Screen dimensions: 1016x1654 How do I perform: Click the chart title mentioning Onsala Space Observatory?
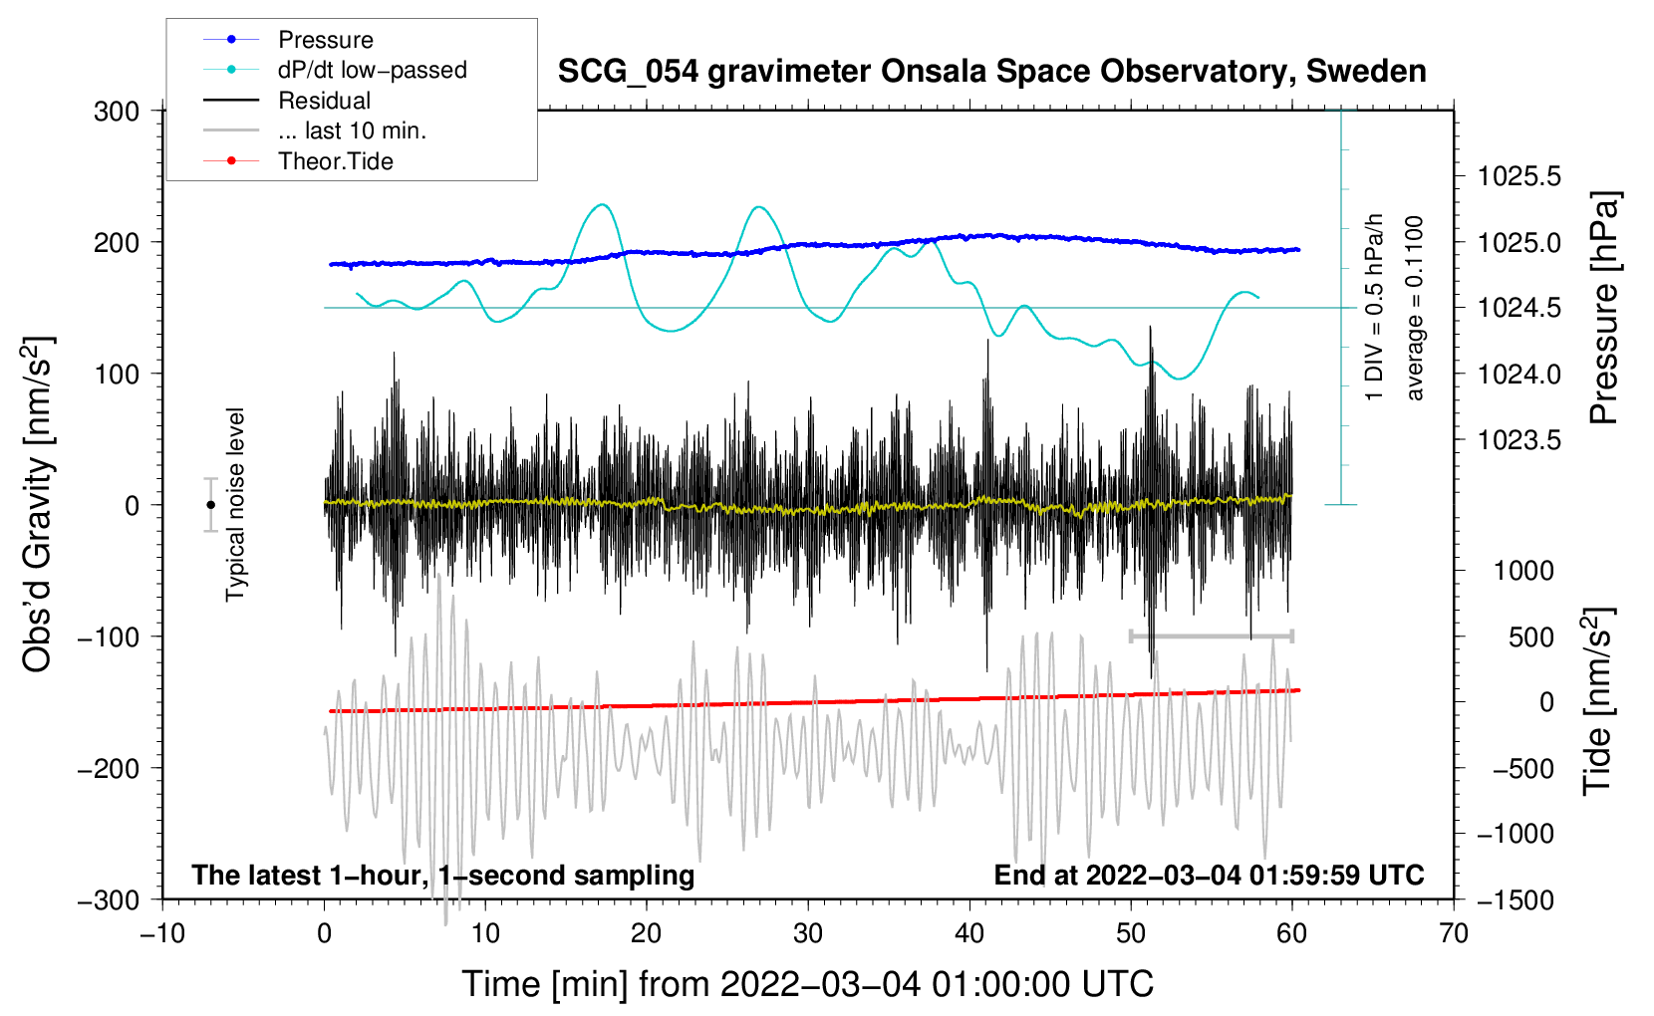pos(991,72)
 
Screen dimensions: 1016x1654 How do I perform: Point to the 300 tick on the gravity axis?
pos(117,111)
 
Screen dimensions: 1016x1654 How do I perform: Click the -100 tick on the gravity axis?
pos(109,636)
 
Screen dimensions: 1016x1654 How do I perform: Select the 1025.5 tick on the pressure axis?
pos(1519,177)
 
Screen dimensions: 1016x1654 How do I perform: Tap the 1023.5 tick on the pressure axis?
pos(1519,440)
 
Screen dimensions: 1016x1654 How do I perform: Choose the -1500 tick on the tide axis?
pos(1516,899)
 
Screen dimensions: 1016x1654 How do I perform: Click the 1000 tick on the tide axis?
pos(1523,571)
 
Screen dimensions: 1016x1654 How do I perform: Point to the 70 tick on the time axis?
pos(1454,933)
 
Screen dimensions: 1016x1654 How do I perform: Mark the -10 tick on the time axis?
pos(162,933)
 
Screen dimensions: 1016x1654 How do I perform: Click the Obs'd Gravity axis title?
pos(37,505)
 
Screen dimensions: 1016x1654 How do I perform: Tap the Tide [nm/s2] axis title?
pos(1597,702)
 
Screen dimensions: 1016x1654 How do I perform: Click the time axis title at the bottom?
pos(808,984)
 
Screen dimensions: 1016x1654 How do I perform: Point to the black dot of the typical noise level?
pos(210,505)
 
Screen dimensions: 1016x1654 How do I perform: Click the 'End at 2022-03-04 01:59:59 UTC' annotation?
pos(1209,875)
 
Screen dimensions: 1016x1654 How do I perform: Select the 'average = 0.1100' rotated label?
pos(1415,309)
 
